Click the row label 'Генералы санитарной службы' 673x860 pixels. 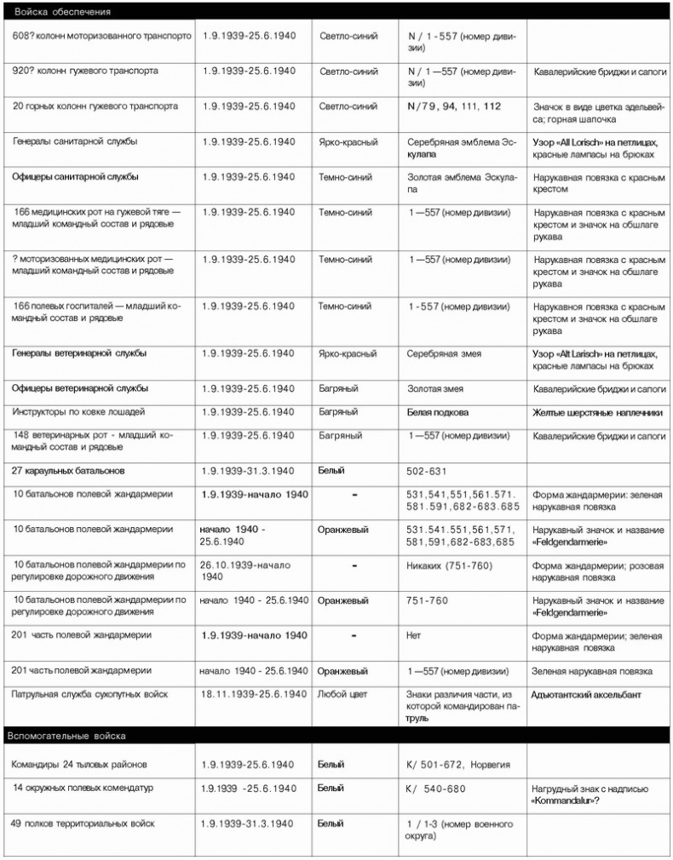pyautogui.click(x=75, y=141)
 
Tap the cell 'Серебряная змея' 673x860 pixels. pyautogui.click(x=444, y=353)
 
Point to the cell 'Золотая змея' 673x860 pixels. pyautogui.click(x=435, y=389)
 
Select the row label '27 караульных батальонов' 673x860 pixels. pyautogui.click(x=68, y=470)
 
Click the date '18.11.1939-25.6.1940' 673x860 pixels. pyautogui.click(x=253, y=695)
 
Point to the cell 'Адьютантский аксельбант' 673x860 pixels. pyautogui.click(x=586, y=695)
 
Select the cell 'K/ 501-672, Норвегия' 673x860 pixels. pyautogui.click(x=458, y=765)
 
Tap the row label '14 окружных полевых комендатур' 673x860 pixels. pyautogui.click(x=83, y=788)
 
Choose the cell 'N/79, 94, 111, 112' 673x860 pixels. pyautogui.click(x=453, y=106)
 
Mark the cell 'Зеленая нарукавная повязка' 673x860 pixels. pyautogui.click(x=592, y=671)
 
